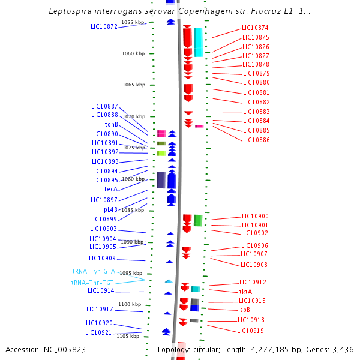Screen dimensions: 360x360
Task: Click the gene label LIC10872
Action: [104, 26]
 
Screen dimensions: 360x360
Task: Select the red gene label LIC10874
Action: [255, 28]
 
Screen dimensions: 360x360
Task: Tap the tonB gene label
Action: [111, 124]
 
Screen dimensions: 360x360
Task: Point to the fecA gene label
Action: [110, 189]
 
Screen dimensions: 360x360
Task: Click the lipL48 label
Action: [109, 209]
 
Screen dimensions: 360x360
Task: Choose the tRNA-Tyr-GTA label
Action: [94, 271]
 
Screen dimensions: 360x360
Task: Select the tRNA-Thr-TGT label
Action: [92, 283]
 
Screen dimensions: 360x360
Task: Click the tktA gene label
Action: [245, 291]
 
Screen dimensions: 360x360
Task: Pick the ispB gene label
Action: [244, 310]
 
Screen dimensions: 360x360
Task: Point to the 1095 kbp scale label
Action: [130, 273]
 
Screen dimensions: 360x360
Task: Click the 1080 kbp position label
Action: [133, 179]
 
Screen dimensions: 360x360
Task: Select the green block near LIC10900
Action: [197, 220]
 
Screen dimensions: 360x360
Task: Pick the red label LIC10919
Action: [250, 331]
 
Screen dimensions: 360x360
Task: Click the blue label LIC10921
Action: [98, 332]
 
